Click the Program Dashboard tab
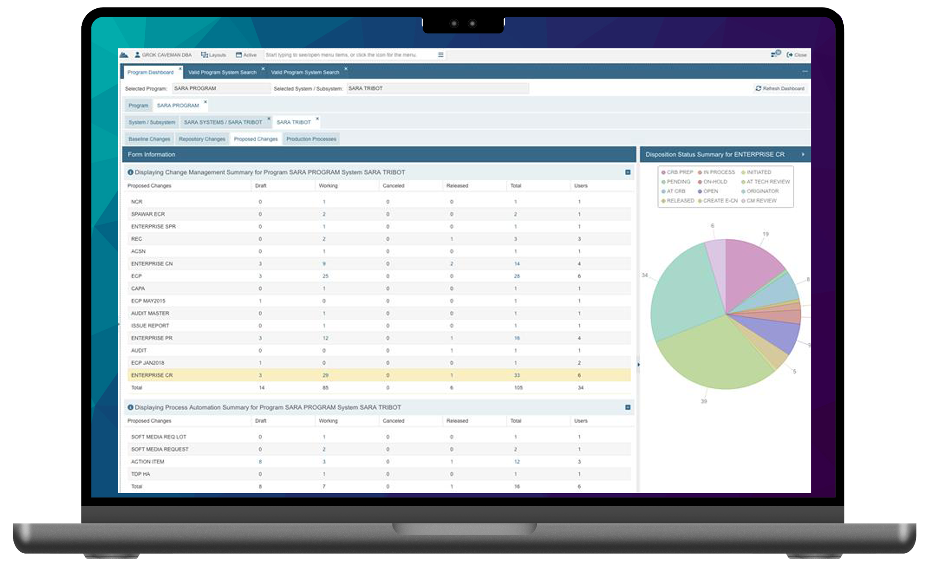tap(151, 72)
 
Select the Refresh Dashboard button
tap(780, 88)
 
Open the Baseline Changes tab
tap(149, 139)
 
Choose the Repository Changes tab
tap(202, 139)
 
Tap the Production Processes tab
tap(311, 139)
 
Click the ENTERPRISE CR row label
tap(152, 375)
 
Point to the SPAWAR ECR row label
tap(148, 214)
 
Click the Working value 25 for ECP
tap(325, 276)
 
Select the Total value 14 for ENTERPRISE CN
tap(517, 264)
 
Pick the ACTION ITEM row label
tap(147, 462)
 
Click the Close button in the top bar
tap(797, 55)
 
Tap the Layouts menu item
tap(214, 55)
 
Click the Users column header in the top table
tap(581, 186)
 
